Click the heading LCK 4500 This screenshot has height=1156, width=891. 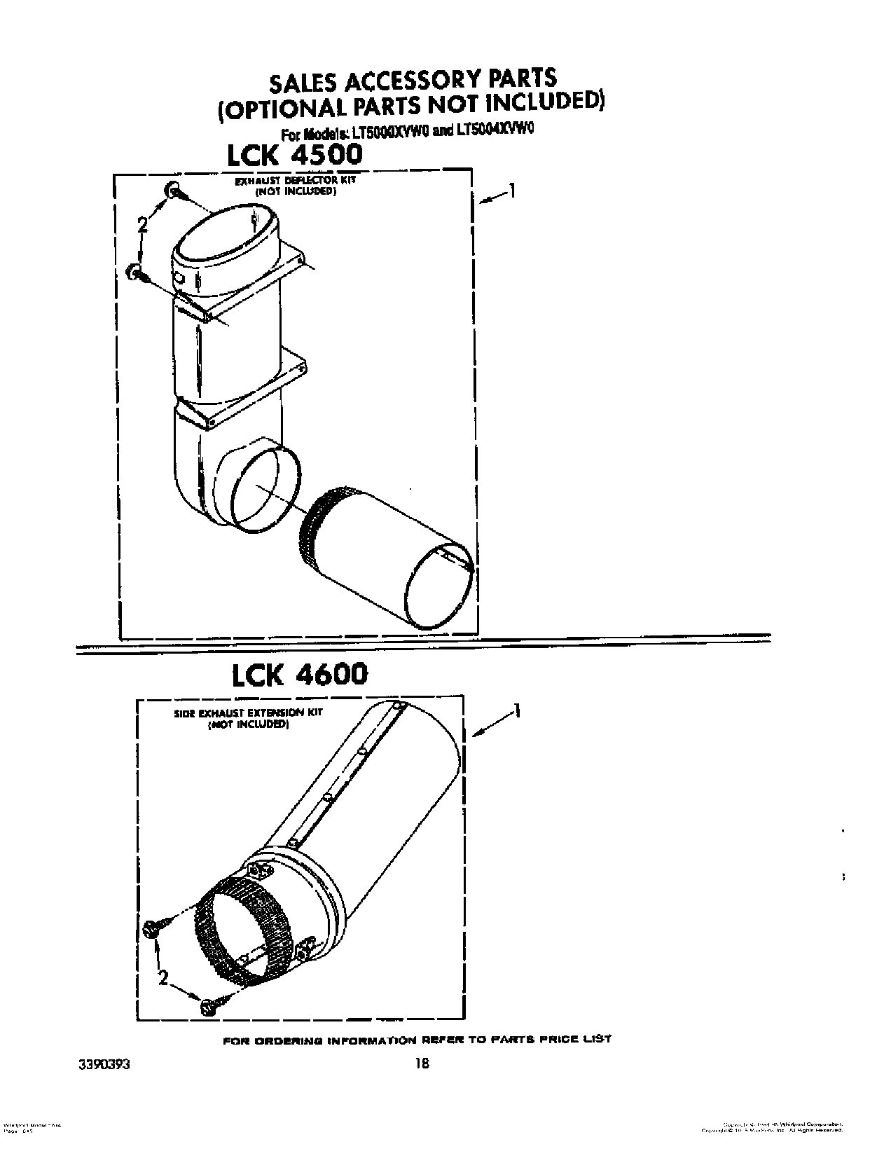[294, 154]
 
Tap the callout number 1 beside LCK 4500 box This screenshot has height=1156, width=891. [513, 191]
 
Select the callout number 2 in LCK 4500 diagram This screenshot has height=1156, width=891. [142, 224]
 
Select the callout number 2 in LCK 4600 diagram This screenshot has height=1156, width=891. [163, 978]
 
